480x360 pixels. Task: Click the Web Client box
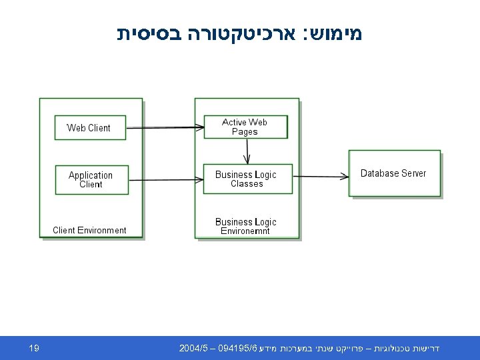pyautogui.click(x=89, y=127)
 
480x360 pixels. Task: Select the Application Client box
pyautogui.click(x=91, y=179)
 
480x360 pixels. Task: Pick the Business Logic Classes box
pyautogui.click(x=247, y=179)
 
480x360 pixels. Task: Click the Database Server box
pyautogui.click(x=394, y=173)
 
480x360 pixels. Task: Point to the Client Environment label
pyautogui.click(x=89, y=231)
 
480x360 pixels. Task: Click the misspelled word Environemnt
pyautogui.click(x=245, y=231)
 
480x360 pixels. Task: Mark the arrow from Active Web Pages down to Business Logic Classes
pyautogui.click(x=247, y=151)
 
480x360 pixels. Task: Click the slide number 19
pyautogui.click(x=34, y=348)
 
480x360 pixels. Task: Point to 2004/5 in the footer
pyautogui.click(x=193, y=349)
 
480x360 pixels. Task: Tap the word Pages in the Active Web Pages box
pyautogui.click(x=245, y=132)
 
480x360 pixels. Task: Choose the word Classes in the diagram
pyautogui.click(x=247, y=184)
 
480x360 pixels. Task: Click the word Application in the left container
pyautogui.click(x=91, y=175)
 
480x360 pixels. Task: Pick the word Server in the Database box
pyautogui.click(x=413, y=173)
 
